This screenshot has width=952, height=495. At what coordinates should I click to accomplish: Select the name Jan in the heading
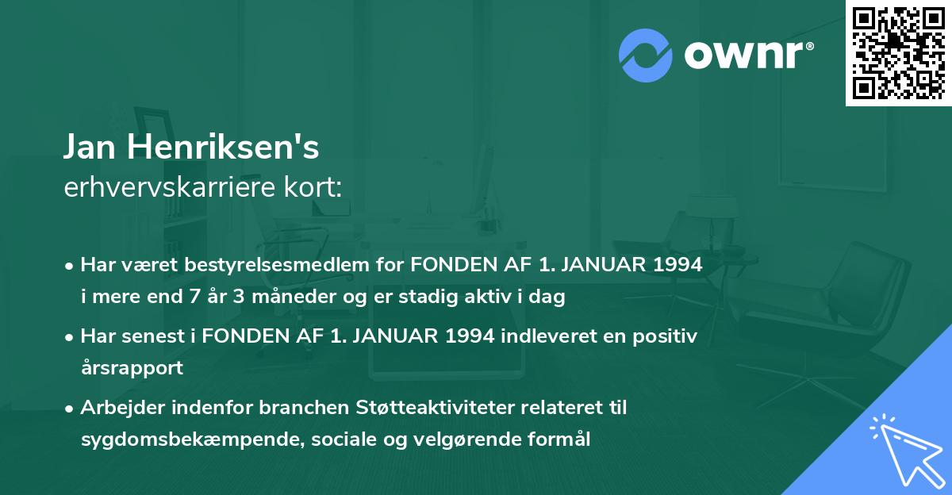click(91, 147)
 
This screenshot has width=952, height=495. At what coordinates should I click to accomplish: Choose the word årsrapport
click(132, 368)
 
